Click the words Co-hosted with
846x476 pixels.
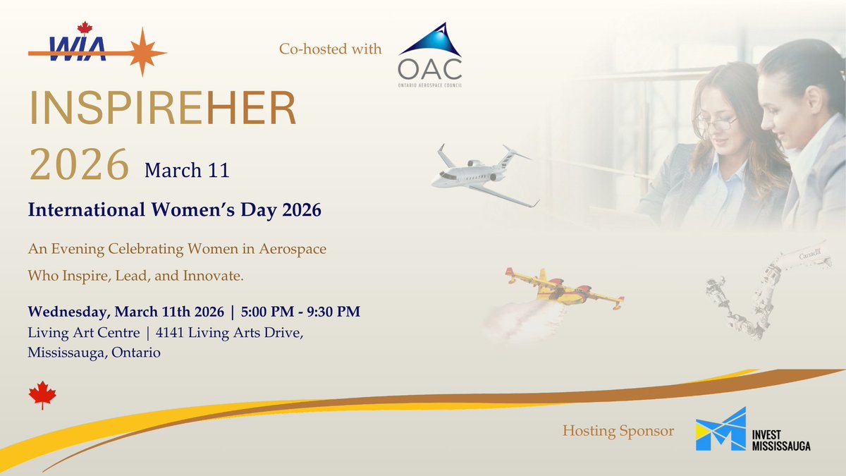click(x=330, y=49)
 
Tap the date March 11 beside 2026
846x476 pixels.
click(x=187, y=170)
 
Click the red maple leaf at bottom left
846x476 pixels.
click(x=42, y=396)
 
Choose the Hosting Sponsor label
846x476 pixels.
click(x=618, y=430)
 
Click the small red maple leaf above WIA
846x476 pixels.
click(x=85, y=28)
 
